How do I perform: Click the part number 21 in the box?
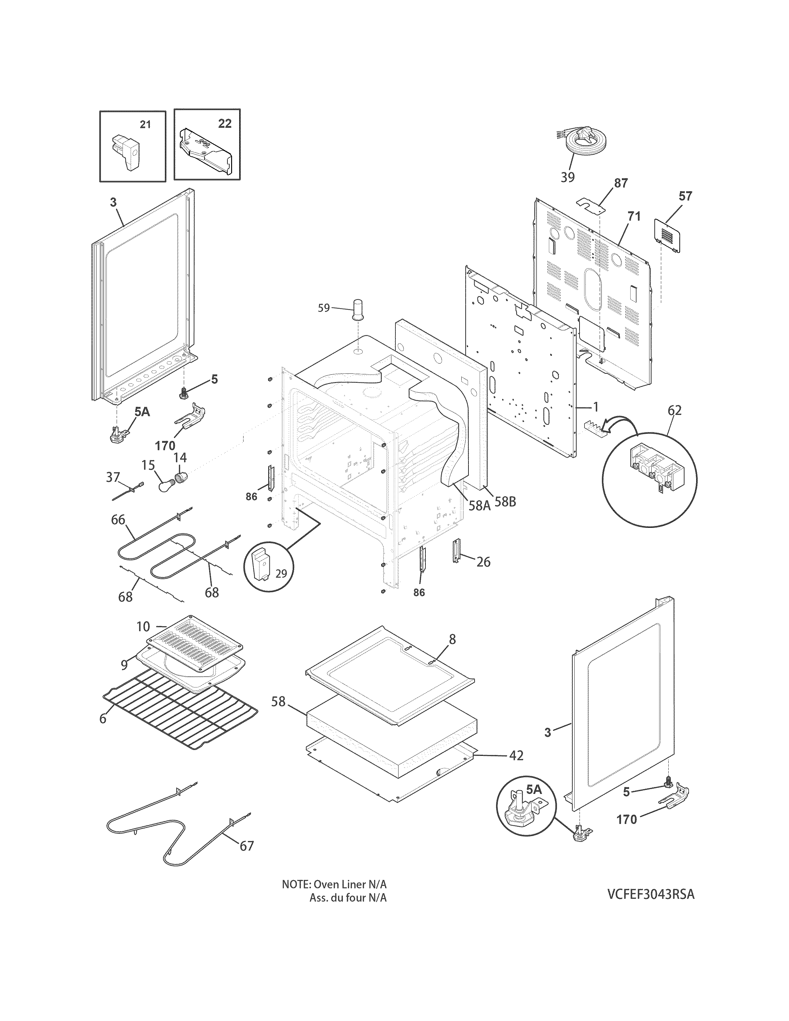point(145,124)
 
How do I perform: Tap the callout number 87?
point(621,183)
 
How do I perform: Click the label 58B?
point(505,502)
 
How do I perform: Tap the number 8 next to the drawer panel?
point(452,639)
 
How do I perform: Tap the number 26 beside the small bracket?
point(483,562)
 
